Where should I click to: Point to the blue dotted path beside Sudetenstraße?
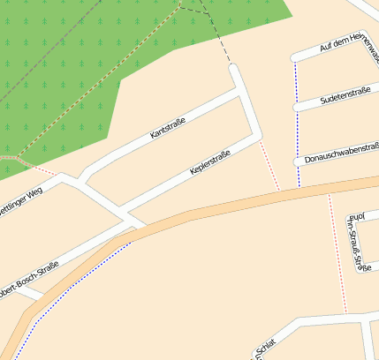pos(297,132)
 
